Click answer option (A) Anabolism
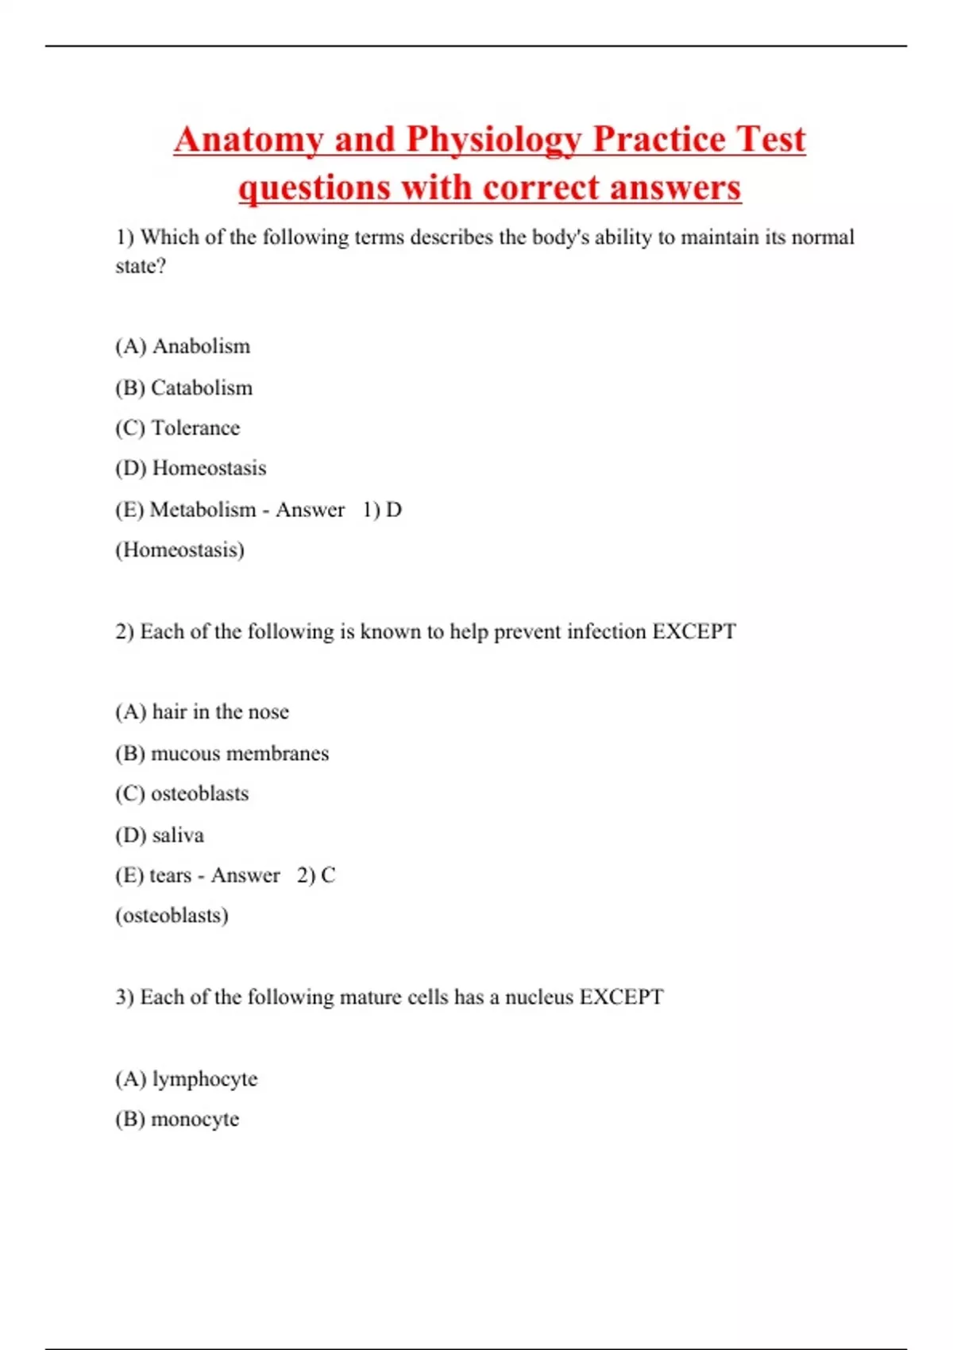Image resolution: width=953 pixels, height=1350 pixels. coord(183,346)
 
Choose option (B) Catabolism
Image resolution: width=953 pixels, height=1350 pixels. coord(183,388)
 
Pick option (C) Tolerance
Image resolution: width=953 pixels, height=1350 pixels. coord(177,428)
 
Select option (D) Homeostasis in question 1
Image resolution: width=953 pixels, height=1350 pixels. coord(191,469)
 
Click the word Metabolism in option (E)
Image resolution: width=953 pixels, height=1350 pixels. coord(203,509)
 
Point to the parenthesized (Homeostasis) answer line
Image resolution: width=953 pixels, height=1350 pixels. coord(179,550)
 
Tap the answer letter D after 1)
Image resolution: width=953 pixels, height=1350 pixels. coord(394,509)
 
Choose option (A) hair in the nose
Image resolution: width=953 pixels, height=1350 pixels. coord(202,712)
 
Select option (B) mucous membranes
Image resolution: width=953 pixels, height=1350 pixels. coord(222,753)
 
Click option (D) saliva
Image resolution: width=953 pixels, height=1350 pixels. coord(160,835)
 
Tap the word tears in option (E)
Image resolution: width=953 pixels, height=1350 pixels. coord(170,875)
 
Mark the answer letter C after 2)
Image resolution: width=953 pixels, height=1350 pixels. coord(328,875)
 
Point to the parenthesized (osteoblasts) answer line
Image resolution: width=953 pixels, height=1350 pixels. coord(172,916)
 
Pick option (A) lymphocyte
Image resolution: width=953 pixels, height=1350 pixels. coord(187,1078)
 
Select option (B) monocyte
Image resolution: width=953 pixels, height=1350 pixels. coord(177,1119)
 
